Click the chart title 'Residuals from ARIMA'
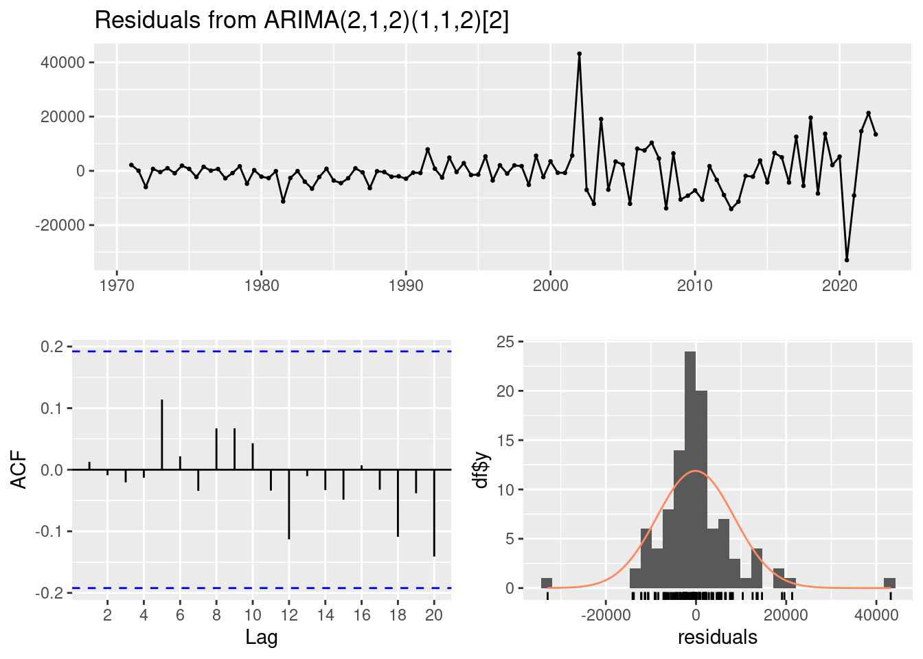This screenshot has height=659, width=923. click(301, 21)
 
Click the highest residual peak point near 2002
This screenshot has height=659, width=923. click(579, 54)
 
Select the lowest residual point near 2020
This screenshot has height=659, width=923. click(847, 260)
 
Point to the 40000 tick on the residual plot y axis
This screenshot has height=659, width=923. click(62, 62)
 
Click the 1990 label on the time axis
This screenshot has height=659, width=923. click(406, 285)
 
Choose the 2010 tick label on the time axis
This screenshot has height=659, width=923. click(695, 285)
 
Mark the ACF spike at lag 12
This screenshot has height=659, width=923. click(289, 504)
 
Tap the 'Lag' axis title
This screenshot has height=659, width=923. click(262, 638)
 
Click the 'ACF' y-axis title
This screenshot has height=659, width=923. click(21, 470)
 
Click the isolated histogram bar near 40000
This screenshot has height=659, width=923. click(889, 583)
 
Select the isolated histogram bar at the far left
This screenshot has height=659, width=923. click(547, 583)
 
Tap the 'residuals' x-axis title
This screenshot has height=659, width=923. click(718, 638)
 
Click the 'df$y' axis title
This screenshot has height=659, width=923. click(481, 470)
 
